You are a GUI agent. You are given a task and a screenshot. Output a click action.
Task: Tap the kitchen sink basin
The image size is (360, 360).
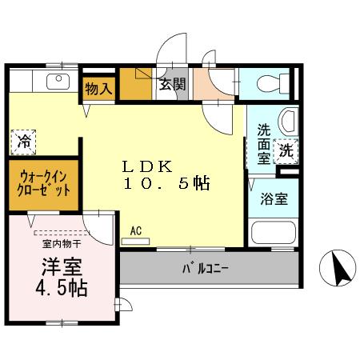pyautogui.click(x=58, y=80)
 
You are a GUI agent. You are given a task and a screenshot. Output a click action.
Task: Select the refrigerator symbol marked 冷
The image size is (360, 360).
pyautogui.click(x=24, y=142)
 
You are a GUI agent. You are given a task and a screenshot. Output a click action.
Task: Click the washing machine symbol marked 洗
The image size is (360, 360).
pyautogui.click(x=286, y=149)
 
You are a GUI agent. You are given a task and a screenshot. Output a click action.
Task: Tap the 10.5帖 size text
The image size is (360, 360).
pyautogui.click(x=166, y=184)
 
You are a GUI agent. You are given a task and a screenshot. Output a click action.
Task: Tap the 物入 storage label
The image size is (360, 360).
pyautogui.click(x=100, y=90)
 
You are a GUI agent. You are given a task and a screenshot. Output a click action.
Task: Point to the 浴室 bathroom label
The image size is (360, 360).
pyautogui.click(x=274, y=199)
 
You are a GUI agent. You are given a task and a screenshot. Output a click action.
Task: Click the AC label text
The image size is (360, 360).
pyautogui.click(x=135, y=231)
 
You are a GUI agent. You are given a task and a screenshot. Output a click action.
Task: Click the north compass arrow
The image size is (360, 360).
pyautogui.click(x=338, y=268)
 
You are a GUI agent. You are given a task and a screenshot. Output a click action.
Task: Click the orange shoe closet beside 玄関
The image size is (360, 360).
pyautogui.click(x=136, y=85)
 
